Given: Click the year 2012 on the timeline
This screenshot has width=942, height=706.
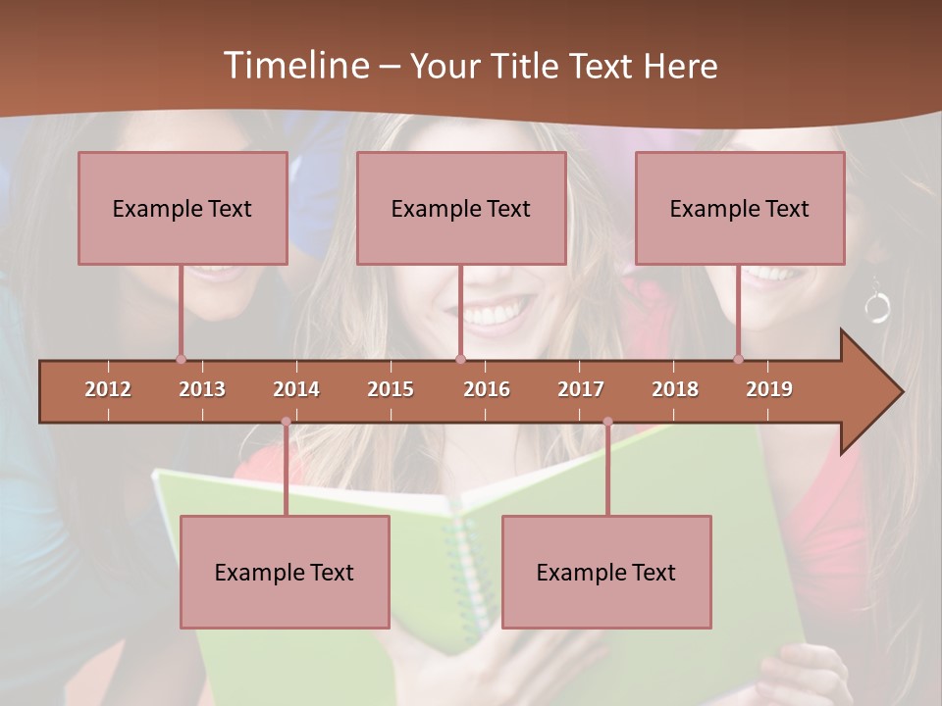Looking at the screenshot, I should (x=108, y=389).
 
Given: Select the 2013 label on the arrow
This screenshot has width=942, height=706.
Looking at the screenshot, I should (x=202, y=389).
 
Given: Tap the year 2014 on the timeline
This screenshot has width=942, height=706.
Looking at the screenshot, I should (x=296, y=389).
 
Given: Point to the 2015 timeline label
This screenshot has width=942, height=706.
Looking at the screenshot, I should (x=391, y=389).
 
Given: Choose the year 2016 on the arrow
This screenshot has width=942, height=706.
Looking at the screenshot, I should (x=487, y=389).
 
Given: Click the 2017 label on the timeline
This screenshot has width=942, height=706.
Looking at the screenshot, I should (x=581, y=389).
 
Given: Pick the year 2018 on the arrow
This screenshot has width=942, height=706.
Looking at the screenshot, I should (x=675, y=389).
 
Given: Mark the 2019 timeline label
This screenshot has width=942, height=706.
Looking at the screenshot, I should (x=769, y=389).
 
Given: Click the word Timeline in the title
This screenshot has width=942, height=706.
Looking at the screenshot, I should (x=294, y=66).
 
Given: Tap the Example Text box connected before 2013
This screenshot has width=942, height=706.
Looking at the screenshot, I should (x=183, y=208).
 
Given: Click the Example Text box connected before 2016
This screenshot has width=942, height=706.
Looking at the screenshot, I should (x=461, y=208).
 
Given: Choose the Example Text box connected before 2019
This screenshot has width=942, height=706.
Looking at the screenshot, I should (x=740, y=208).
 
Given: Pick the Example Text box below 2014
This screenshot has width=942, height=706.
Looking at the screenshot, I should (x=285, y=572).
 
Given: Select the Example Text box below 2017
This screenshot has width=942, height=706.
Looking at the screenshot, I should (x=606, y=572).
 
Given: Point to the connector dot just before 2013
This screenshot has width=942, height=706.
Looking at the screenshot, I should (x=181, y=359).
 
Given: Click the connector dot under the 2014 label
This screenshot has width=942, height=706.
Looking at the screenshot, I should (x=286, y=422).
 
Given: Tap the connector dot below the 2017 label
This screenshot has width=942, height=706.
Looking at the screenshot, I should (x=607, y=422).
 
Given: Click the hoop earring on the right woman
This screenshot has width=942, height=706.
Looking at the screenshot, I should (x=877, y=309).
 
